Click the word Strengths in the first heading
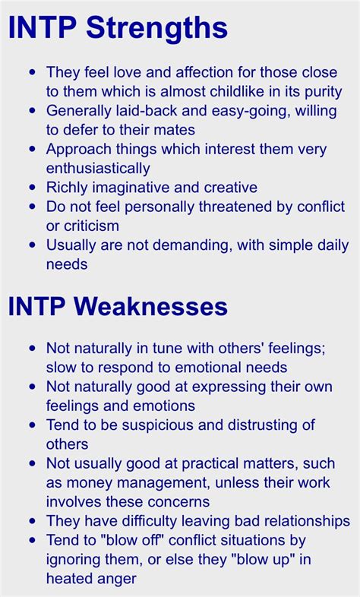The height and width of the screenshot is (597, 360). pos(156,29)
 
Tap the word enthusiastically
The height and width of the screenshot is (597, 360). pos(98,169)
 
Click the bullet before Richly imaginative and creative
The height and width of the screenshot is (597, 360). pos(33,188)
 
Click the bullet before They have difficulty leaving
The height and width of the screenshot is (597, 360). pos(33,521)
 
